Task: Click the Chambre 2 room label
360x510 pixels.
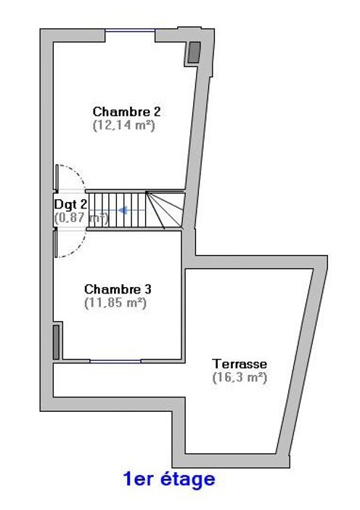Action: (x=127, y=112)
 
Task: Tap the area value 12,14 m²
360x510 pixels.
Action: (x=124, y=125)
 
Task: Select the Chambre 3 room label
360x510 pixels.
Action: (x=118, y=289)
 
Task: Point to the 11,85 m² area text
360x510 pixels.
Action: (x=115, y=303)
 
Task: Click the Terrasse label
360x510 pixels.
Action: (x=240, y=364)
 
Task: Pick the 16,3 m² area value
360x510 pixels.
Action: (x=240, y=378)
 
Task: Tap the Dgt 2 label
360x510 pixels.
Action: (x=70, y=204)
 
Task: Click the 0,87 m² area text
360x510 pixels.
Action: (x=81, y=218)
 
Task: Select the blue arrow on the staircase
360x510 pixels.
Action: (x=132, y=211)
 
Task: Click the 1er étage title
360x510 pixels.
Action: (x=169, y=479)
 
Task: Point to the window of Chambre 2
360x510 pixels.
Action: (x=130, y=31)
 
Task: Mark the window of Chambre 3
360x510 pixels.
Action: (x=115, y=361)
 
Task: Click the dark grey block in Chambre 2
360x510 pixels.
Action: (x=195, y=52)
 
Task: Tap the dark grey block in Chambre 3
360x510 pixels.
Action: (x=56, y=342)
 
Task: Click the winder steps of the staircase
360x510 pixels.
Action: (x=165, y=210)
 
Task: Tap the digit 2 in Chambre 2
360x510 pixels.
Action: (x=157, y=112)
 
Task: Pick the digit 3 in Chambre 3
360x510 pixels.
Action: (x=148, y=289)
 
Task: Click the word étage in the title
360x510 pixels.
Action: (x=188, y=479)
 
